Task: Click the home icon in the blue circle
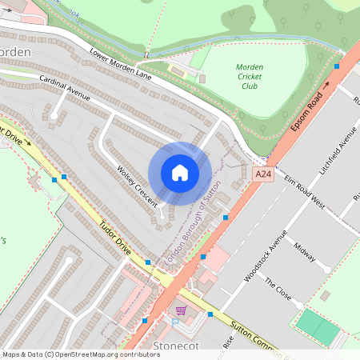(x=180, y=173)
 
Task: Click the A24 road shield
(x=262, y=174)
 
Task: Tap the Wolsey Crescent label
(x=137, y=186)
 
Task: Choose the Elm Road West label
(x=305, y=191)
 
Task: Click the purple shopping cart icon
(x=181, y=310)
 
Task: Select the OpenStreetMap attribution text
(x=81, y=354)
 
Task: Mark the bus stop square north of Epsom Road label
(x=337, y=66)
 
